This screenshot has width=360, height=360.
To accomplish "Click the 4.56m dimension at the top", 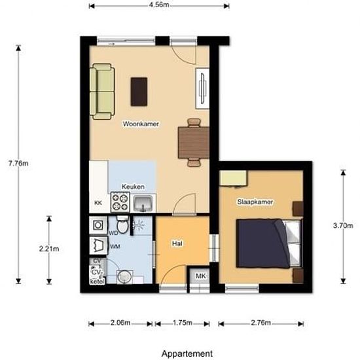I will click(159, 5).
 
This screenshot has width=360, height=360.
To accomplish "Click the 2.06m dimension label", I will click(120, 323).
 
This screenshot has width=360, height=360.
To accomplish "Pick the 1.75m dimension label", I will click(182, 323).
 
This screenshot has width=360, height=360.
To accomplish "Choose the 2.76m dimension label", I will click(261, 323).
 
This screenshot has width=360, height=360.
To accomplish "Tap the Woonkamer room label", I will click(141, 123).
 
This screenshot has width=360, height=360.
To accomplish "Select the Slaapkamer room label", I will click(255, 202).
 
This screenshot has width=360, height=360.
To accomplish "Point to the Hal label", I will click(176, 243).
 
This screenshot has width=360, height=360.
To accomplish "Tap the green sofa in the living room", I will click(102, 92).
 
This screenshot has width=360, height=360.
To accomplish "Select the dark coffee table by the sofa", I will click(139, 92).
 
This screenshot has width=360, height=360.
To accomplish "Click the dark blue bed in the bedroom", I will click(263, 243).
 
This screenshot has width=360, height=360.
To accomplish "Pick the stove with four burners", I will click(120, 202).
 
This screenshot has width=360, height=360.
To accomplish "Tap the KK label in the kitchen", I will click(98, 204).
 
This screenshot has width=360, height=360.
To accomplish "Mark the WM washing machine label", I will click(115, 246).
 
